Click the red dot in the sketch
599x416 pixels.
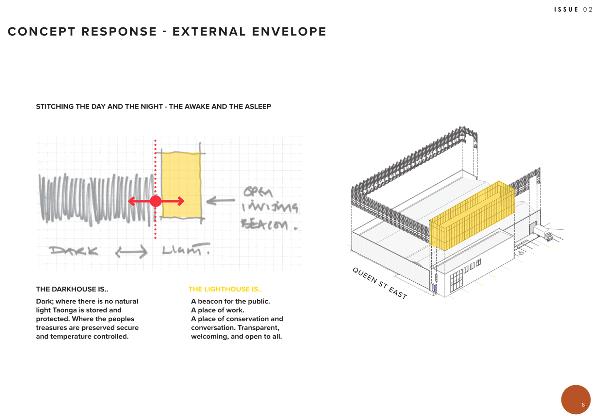point(156,201)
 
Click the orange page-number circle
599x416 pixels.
point(575,399)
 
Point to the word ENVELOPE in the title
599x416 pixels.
point(289,32)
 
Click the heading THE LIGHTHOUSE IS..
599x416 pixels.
point(225,289)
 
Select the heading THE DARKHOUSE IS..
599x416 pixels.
point(72,289)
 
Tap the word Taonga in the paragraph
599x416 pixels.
point(65,310)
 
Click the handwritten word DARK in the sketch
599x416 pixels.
point(74,251)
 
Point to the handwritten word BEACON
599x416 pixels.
point(265,225)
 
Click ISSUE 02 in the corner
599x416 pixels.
point(573,9)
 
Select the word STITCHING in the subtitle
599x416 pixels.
point(55,107)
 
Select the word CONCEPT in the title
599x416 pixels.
point(42,32)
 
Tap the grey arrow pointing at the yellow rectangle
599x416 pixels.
point(221,200)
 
